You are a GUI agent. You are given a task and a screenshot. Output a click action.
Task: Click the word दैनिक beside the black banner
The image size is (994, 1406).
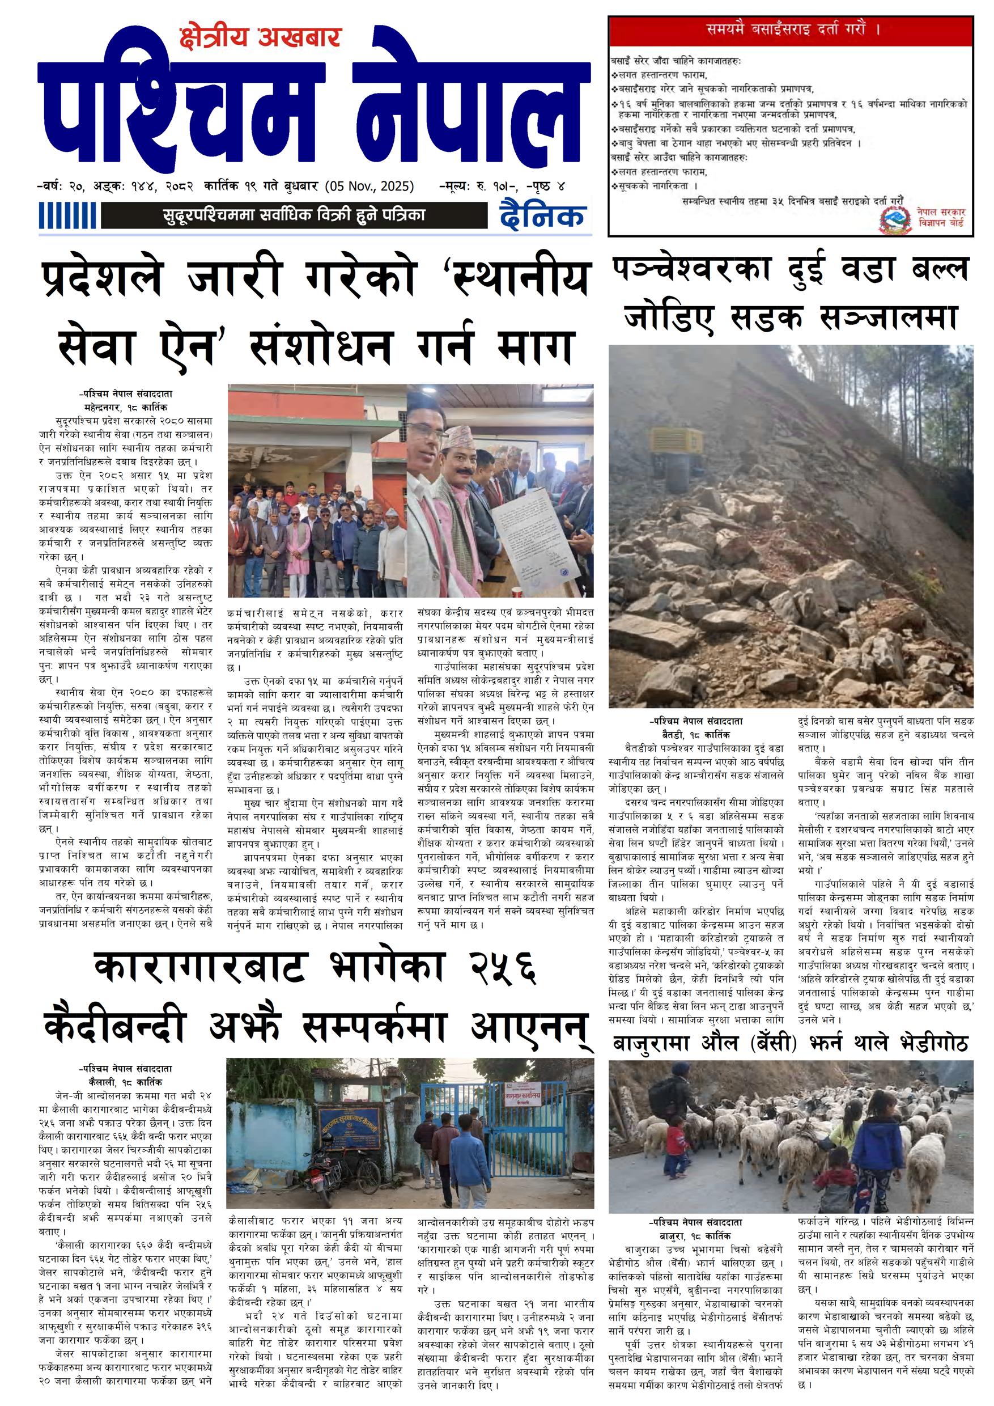(x=542, y=215)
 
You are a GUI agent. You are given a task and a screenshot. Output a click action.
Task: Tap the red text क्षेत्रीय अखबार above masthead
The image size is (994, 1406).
(x=260, y=38)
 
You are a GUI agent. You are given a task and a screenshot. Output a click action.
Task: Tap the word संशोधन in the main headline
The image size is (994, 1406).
(x=321, y=346)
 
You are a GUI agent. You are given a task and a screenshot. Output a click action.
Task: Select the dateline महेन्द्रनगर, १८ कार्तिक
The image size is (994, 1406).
(x=125, y=406)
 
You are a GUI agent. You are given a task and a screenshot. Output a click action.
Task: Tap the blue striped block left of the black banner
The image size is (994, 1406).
(x=67, y=215)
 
